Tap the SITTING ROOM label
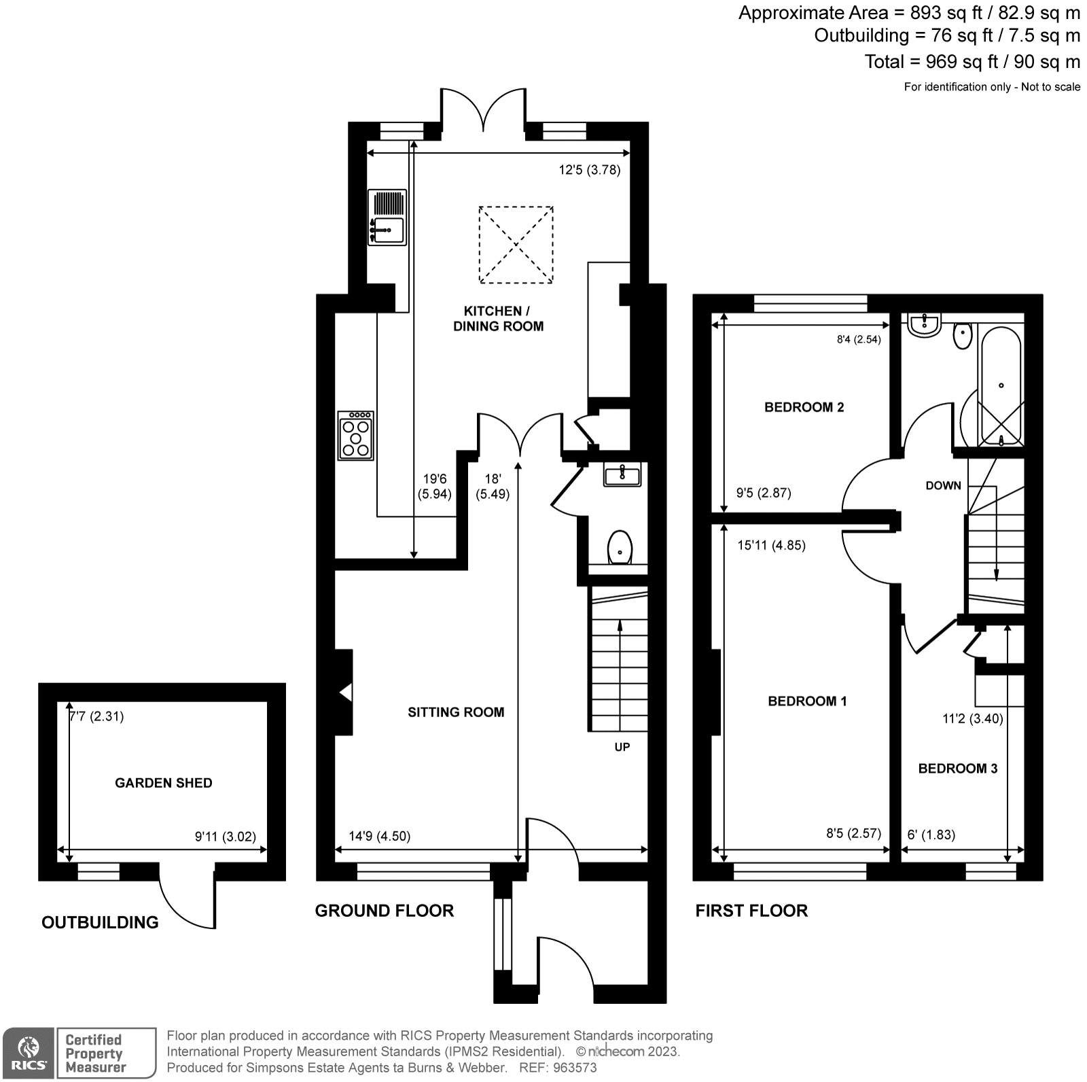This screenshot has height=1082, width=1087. click(456, 712)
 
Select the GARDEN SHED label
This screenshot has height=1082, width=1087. click(163, 783)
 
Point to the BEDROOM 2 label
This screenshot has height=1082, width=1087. click(804, 407)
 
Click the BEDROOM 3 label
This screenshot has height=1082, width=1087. click(957, 769)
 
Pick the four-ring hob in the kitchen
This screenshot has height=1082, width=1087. click(356, 436)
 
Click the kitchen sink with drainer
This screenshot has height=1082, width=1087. click(387, 217)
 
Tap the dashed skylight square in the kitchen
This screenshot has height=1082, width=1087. click(516, 245)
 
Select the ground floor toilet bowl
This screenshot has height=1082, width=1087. click(620, 547)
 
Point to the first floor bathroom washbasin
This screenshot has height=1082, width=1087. click(924, 326)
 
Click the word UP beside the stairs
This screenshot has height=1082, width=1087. click(622, 747)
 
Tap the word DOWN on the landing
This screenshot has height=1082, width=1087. click(943, 485)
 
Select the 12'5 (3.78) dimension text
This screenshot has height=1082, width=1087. click(589, 170)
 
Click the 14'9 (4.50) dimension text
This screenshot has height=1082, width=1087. click(380, 836)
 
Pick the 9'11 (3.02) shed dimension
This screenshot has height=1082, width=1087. click(225, 837)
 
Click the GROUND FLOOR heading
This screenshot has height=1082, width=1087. click(384, 911)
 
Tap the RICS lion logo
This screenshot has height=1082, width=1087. click(28, 1052)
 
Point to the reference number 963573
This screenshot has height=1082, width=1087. click(574, 1068)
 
